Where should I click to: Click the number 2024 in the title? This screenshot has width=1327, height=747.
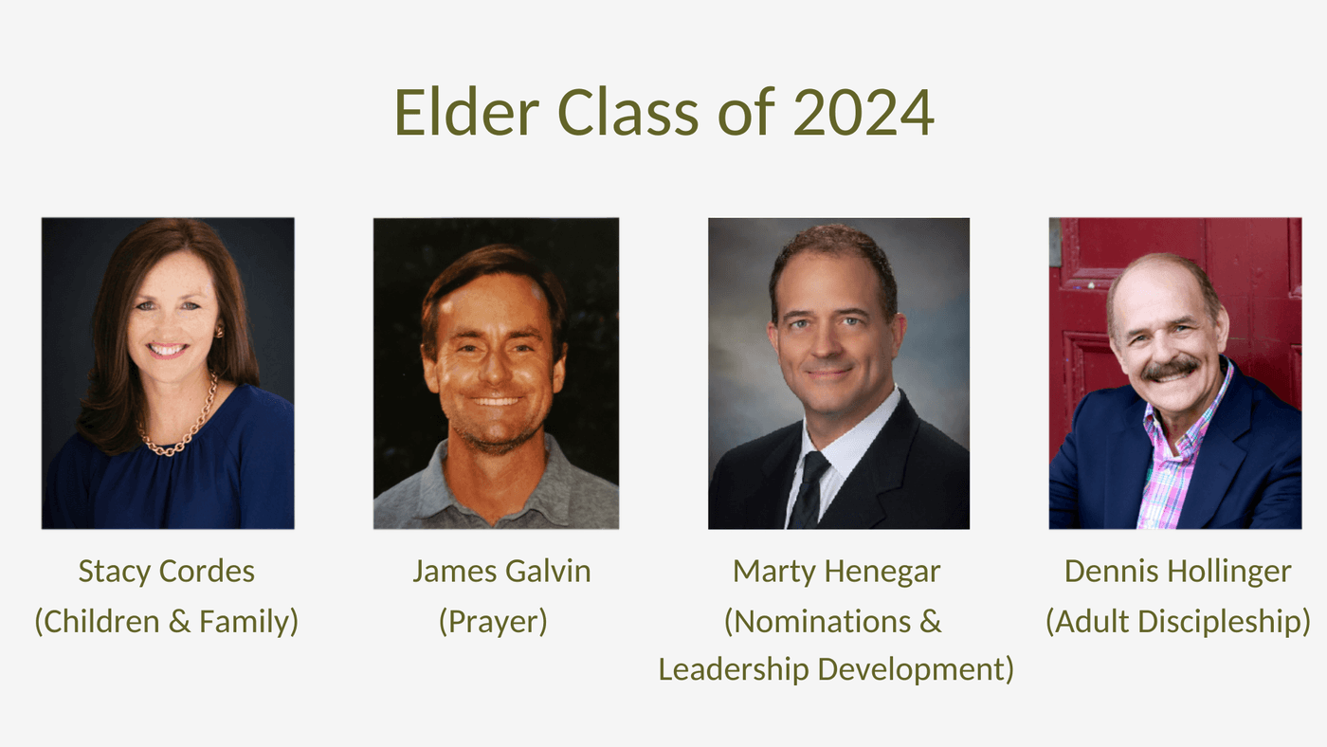coord(863,112)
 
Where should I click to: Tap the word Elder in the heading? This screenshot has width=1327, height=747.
coord(466,112)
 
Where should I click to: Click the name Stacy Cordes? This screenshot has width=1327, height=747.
coord(167,573)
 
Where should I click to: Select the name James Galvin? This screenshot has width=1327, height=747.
coord(501,571)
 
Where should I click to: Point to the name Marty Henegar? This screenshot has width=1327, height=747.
coord(836,573)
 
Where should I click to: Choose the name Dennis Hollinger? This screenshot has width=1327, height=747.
coord(1177,573)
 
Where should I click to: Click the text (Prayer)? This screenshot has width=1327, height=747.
coord(493,622)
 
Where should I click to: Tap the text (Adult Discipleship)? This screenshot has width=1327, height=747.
coord(1177,622)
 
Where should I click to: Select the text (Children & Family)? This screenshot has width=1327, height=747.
coord(167,622)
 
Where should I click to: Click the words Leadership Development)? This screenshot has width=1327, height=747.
coord(836,670)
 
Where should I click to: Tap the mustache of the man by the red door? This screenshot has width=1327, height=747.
coord(1170,369)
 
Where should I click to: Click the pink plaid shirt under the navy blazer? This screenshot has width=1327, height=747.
coord(1170,462)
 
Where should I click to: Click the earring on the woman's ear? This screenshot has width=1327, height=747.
coord(219,331)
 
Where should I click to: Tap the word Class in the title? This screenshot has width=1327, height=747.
coord(627,112)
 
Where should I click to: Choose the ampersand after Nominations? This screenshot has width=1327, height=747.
coord(931,622)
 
